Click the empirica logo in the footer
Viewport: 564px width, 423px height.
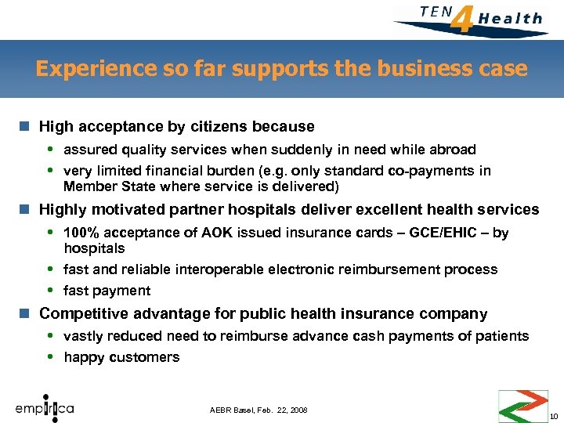[45, 408]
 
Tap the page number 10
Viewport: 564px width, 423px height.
[554, 415]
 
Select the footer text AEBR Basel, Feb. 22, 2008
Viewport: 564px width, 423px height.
[258, 410]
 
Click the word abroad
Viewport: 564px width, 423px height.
[446, 149]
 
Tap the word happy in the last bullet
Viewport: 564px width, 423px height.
[83, 357]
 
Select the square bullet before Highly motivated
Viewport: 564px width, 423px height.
[26, 210]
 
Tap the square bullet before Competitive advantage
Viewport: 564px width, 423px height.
[26, 314]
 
